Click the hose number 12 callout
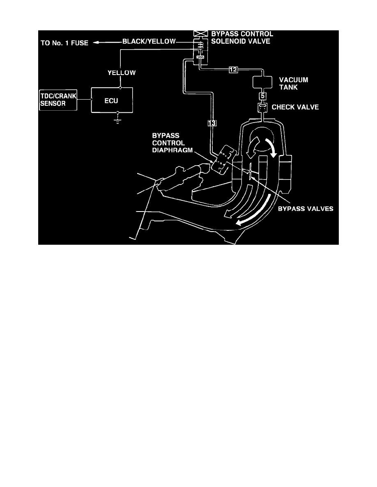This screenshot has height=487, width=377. tap(233, 70)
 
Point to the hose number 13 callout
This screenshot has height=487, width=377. tap(211, 123)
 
